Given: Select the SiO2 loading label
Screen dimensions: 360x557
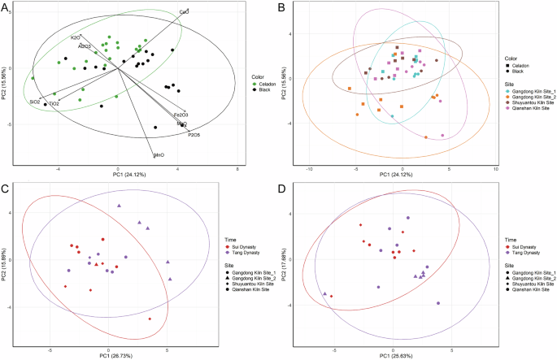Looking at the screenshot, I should click(x=35, y=103).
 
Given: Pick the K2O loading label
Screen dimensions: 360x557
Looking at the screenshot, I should click(x=75, y=37).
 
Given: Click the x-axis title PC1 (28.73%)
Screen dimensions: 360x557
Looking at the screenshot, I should click(x=118, y=355).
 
